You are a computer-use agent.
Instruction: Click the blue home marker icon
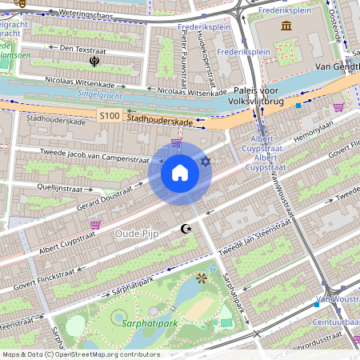pyautogui.click(x=180, y=173)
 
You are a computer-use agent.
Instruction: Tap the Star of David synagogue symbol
pyautogui.click(x=205, y=162)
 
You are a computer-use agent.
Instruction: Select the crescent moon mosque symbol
pyautogui.click(x=187, y=230)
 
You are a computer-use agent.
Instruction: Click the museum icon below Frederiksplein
pyautogui.click(x=286, y=26)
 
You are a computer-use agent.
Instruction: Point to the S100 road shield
pyautogui.click(x=109, y=117)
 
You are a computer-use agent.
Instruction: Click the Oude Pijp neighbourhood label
pyautogui.click(x=137, y=233)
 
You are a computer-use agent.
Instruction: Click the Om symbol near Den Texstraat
pyautogui.click(x=94, y=60)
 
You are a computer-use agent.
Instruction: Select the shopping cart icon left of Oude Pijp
pyautogui.click(x=96, y=226)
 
